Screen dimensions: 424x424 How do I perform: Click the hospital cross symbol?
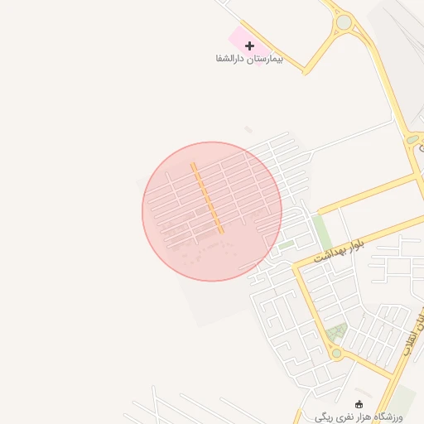249,46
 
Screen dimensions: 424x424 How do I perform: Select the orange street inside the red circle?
207,198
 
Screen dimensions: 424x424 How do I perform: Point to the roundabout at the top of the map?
344,22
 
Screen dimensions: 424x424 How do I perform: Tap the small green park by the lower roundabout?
335,333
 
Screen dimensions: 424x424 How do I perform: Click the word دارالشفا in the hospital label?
231,60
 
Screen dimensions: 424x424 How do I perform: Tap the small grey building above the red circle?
248,130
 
